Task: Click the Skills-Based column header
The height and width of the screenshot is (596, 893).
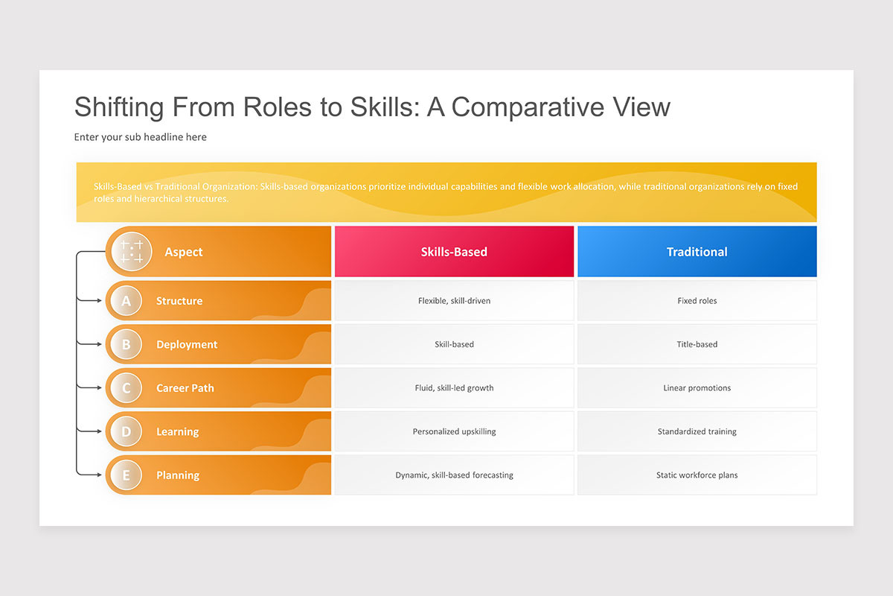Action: coord(454,252)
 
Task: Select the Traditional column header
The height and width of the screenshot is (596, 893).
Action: coord(697,252)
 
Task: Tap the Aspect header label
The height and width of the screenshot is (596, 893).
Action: coord(184,252)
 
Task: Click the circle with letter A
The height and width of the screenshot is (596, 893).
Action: coord(126,300)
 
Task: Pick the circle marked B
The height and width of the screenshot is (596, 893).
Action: coord(126,344)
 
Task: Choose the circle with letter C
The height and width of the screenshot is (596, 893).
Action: coord(126,387)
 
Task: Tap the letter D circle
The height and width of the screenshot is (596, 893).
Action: coord(126,431)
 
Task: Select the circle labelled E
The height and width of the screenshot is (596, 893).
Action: coord(126,475)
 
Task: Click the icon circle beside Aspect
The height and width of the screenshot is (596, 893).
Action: coord(132,252)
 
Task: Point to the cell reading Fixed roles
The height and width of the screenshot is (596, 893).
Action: coord(697,300)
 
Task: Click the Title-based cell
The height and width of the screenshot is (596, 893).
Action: coord(697,344)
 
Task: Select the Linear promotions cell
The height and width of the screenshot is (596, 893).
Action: coord(697,387)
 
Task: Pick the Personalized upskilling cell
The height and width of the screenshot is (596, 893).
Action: coord(454,431)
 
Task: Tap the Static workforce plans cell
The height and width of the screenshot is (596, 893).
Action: coord(697,475)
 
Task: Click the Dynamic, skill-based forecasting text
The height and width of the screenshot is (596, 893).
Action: coord(454,475)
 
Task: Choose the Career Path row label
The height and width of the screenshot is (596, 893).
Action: coord(185,388)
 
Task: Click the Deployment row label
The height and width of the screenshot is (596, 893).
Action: coord(187,344)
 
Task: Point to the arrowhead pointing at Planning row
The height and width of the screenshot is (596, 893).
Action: coord(99,475)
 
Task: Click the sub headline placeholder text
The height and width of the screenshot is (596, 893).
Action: coord(141,137)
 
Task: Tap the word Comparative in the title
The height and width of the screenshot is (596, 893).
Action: coord(528,107)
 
